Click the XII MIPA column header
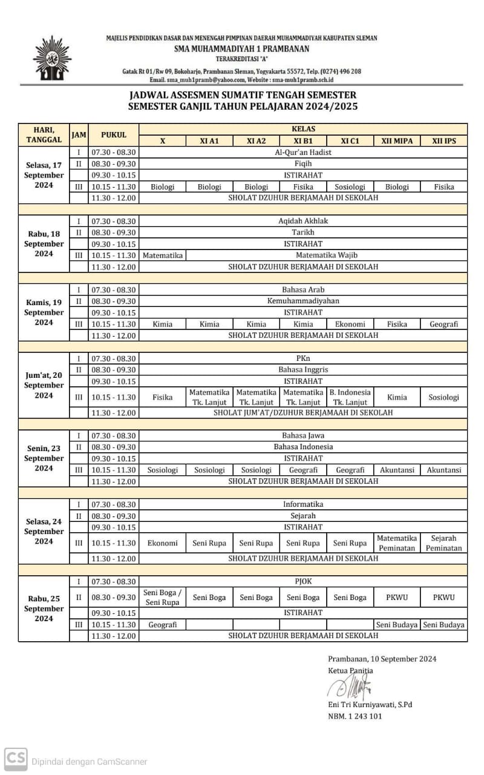click(x=397, y=140)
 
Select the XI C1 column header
click(x=350, y=140)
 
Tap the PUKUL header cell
click(x=114, y=134)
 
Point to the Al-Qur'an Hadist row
click(x=303, y=152)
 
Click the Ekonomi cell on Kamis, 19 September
click(x=350, y=324)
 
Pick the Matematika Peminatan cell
click(x=397, y=542)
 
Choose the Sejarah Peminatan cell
click(x=444, y=542)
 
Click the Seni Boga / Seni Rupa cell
click(x=162, y=597)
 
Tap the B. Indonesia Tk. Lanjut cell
click(x=350, y=397)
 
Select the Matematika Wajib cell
click(x=327, y=255)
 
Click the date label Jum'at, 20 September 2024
click(x=44, y=385)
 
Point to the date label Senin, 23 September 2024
click(x=44, y=458)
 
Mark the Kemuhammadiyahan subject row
click(x=303, y=301)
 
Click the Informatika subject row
click(x=303, y=504)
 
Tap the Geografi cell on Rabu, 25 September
click(x=162, y=624)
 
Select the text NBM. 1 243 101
click(x=355, y=716)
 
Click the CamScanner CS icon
click(x=16, y=759)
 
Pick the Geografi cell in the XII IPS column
click(x=444, y=324)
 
